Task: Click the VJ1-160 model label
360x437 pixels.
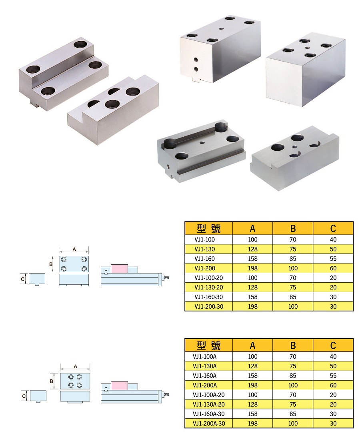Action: tap(205, 259)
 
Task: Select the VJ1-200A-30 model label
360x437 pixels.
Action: tap(209, 423)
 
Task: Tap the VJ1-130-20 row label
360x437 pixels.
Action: tap(209, 287)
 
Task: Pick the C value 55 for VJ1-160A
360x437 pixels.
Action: tap(333, 376)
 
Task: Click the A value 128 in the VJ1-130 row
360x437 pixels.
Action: tap(253, 249)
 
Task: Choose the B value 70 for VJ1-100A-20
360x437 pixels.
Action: tap(293, 395)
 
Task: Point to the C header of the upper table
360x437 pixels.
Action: tap(333, 229)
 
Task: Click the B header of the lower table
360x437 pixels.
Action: tap(293, 345)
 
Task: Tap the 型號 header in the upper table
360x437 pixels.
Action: tap(208, 229)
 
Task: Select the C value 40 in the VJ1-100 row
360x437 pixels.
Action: tap(333, 239)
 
